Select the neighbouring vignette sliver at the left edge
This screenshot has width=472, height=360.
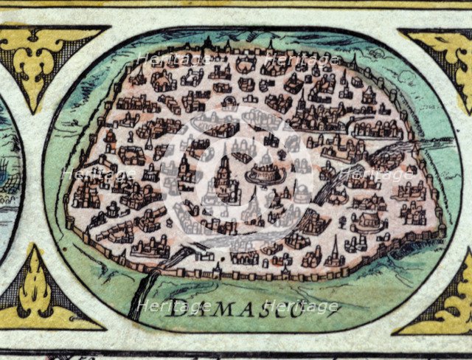pos(9,177)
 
